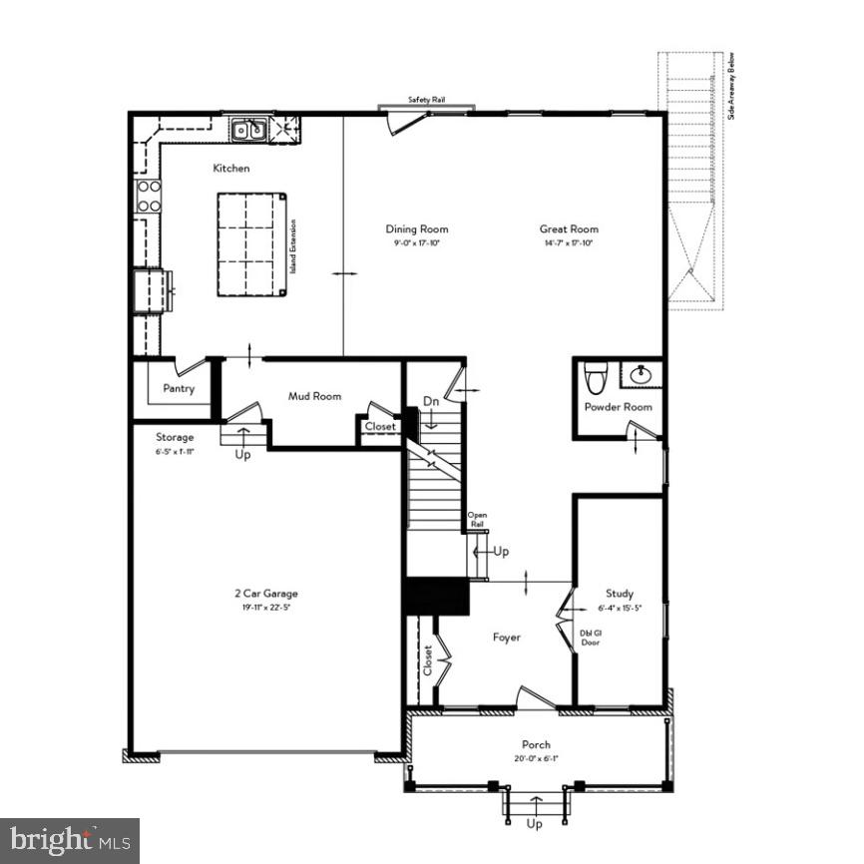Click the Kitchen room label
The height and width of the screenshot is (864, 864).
230,169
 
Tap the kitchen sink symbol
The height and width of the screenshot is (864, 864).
247,129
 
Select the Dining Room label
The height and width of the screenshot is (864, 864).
417,229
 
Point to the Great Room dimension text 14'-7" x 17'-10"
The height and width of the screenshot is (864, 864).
569,243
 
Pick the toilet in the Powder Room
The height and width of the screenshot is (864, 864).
596,378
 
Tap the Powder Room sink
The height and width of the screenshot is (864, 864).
641,375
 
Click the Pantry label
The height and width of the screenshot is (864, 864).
179,389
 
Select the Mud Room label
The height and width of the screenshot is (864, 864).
314,396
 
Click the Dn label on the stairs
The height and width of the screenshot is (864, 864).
431,401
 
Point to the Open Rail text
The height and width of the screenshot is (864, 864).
477,519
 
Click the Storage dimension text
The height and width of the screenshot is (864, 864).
174,451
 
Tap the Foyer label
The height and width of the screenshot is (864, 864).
507,637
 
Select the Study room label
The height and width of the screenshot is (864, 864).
619,594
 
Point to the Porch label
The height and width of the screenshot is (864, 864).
536,745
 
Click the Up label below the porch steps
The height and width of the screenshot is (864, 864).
536,823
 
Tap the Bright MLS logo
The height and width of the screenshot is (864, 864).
70,840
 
